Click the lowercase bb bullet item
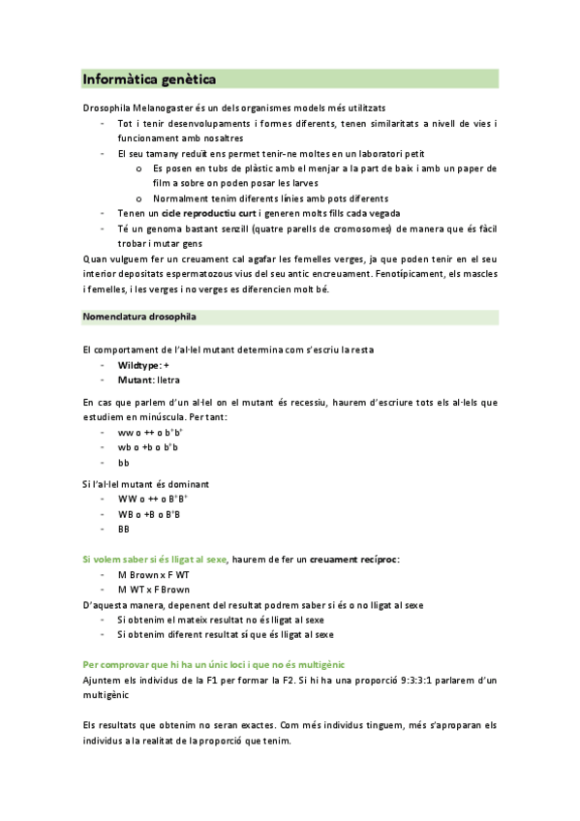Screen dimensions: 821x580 pos(123,463)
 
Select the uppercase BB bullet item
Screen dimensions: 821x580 pos(123,530)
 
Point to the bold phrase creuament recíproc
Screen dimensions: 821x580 pos(354,560)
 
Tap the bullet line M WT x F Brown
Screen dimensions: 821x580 pos(153,590)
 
